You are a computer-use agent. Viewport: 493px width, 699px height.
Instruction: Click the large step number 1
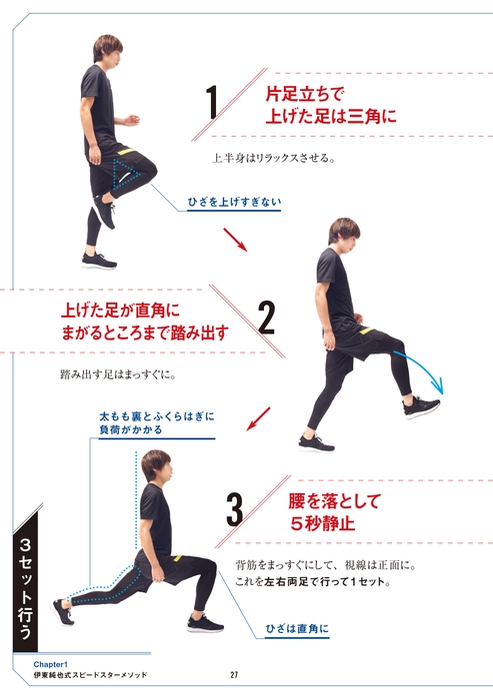[213, 102]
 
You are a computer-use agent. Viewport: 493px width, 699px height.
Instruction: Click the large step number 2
[267, 319]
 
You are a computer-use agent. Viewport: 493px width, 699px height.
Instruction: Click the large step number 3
[235, 509]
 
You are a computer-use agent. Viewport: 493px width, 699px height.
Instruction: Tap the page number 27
[234, 675]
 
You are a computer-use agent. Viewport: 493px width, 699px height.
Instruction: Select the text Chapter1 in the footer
[50, 664]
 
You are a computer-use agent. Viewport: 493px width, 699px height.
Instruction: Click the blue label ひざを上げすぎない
[234, 202]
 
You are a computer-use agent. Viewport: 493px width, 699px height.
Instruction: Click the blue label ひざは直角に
[297, 628]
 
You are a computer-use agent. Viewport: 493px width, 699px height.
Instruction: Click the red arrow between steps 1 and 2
[235, 240]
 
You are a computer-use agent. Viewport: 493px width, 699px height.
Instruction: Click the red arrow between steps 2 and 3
[258, 418]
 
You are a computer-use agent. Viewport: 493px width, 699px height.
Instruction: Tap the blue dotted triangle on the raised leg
[126, 174]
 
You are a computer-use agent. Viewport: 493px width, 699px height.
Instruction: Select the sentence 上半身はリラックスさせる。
[273, 158]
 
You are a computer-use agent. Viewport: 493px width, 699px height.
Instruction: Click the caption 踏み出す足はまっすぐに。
[118, 374]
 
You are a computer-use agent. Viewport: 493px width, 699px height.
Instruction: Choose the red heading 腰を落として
[334, 501]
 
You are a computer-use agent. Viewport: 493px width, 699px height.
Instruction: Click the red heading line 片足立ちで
[305, 94]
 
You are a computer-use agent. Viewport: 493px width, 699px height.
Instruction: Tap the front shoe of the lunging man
[205, 623]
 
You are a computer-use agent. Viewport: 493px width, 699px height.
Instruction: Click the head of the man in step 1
[107, 50]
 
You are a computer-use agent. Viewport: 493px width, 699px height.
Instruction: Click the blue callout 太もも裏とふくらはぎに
[157, 416]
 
